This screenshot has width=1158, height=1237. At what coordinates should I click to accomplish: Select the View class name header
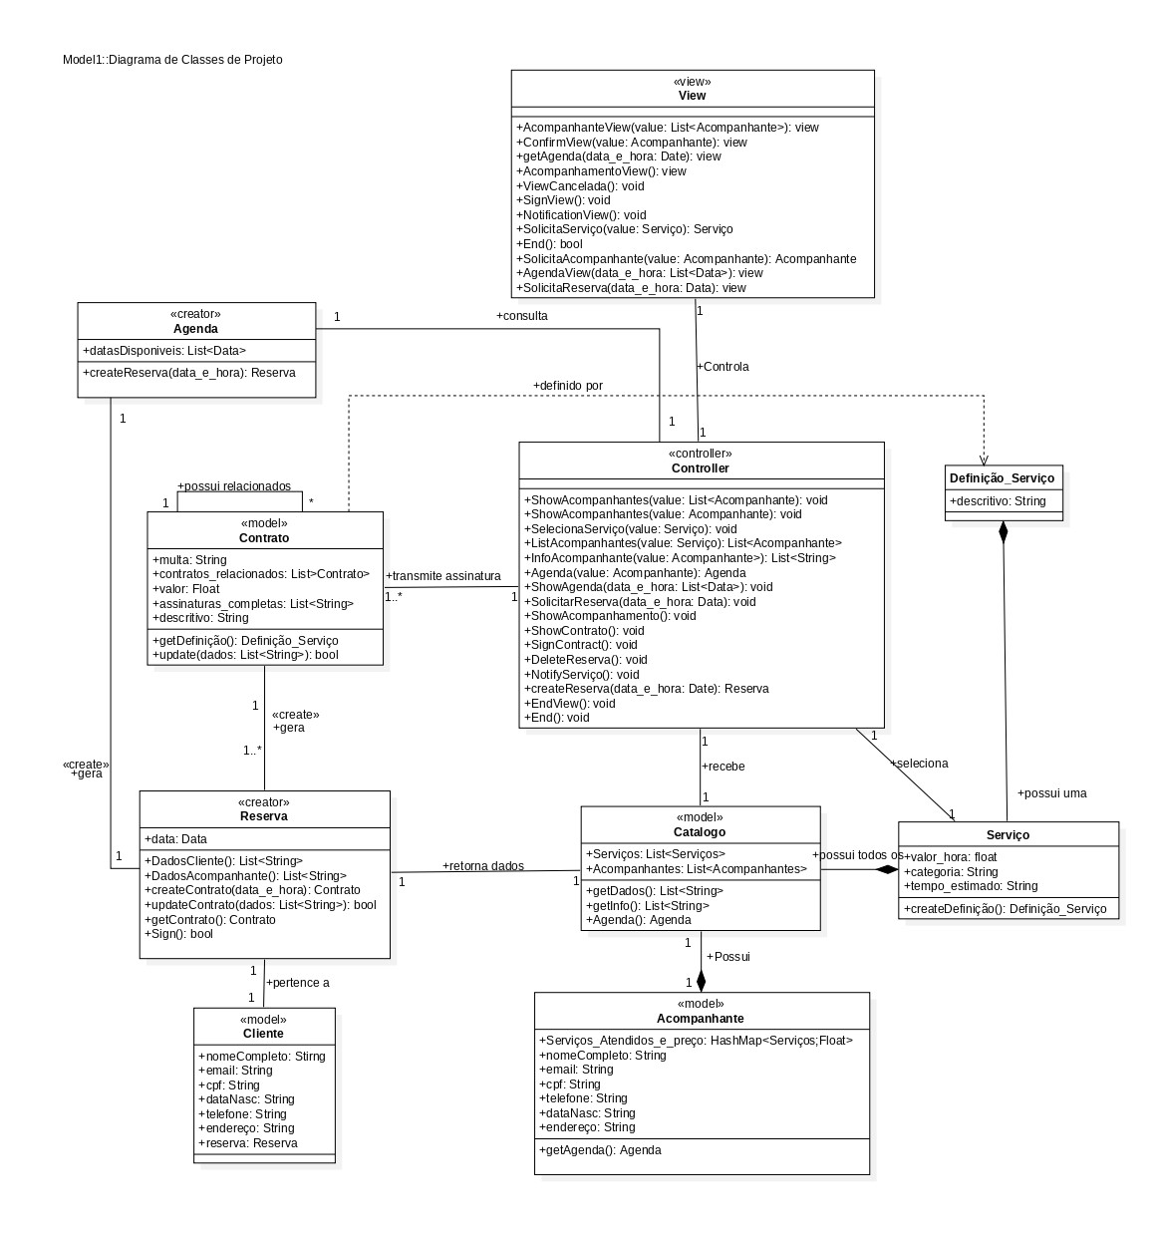pos(692,96)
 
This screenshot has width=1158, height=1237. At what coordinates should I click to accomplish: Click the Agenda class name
pos(195,329)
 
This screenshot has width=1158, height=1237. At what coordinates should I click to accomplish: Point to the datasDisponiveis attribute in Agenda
pos(164,351)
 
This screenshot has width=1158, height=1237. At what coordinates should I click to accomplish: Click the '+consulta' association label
pos(521,316)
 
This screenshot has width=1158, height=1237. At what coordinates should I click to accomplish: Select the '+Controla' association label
pos(723,367)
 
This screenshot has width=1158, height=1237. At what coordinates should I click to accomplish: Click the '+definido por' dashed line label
pos(567,386)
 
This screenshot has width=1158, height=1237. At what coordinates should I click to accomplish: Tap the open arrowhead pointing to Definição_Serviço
pos(984,458)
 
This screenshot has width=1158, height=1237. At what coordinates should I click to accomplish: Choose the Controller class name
pos(700,468)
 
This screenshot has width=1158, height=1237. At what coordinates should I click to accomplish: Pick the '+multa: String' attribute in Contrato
pos(190,560)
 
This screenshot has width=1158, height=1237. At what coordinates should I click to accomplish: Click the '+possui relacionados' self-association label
pos(234,486)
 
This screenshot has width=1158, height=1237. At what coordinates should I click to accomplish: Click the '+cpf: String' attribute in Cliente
pos(229,1085)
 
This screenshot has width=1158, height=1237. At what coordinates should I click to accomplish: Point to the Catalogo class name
pos(700,832)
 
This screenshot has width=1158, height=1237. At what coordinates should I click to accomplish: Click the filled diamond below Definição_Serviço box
pos(1004,532)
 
